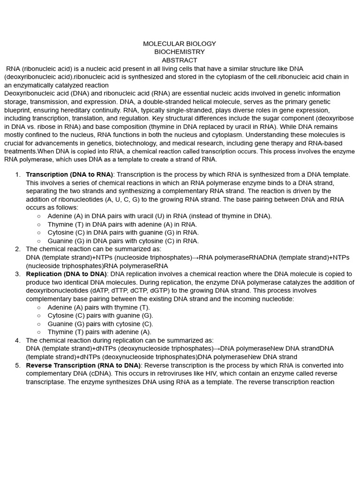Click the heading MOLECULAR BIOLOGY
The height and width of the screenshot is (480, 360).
(x=180, y=44)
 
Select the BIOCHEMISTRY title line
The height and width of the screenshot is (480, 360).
(x=180, y=52)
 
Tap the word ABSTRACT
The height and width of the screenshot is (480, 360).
(x=180, y=60)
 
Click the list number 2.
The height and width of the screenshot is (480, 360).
(x=17, y=249)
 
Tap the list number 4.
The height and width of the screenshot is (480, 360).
(x=17, y=340)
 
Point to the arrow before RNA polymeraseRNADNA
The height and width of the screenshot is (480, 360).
(x=196, y=257)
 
